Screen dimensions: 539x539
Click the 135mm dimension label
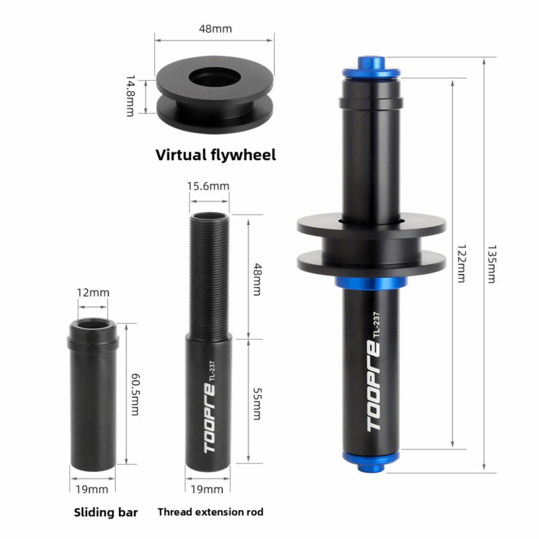(492, 264)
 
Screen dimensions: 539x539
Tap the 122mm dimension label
(461, 264)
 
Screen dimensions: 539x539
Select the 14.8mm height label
(130, 96)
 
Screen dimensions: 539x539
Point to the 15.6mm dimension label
(208, 186)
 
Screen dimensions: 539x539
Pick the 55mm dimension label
(258, 404)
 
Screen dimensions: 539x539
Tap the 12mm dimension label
(93, 293)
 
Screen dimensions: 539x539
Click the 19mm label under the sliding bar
(92, 489)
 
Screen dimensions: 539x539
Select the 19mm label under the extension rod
(207, 489)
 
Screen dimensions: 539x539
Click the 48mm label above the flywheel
(215, 29)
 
